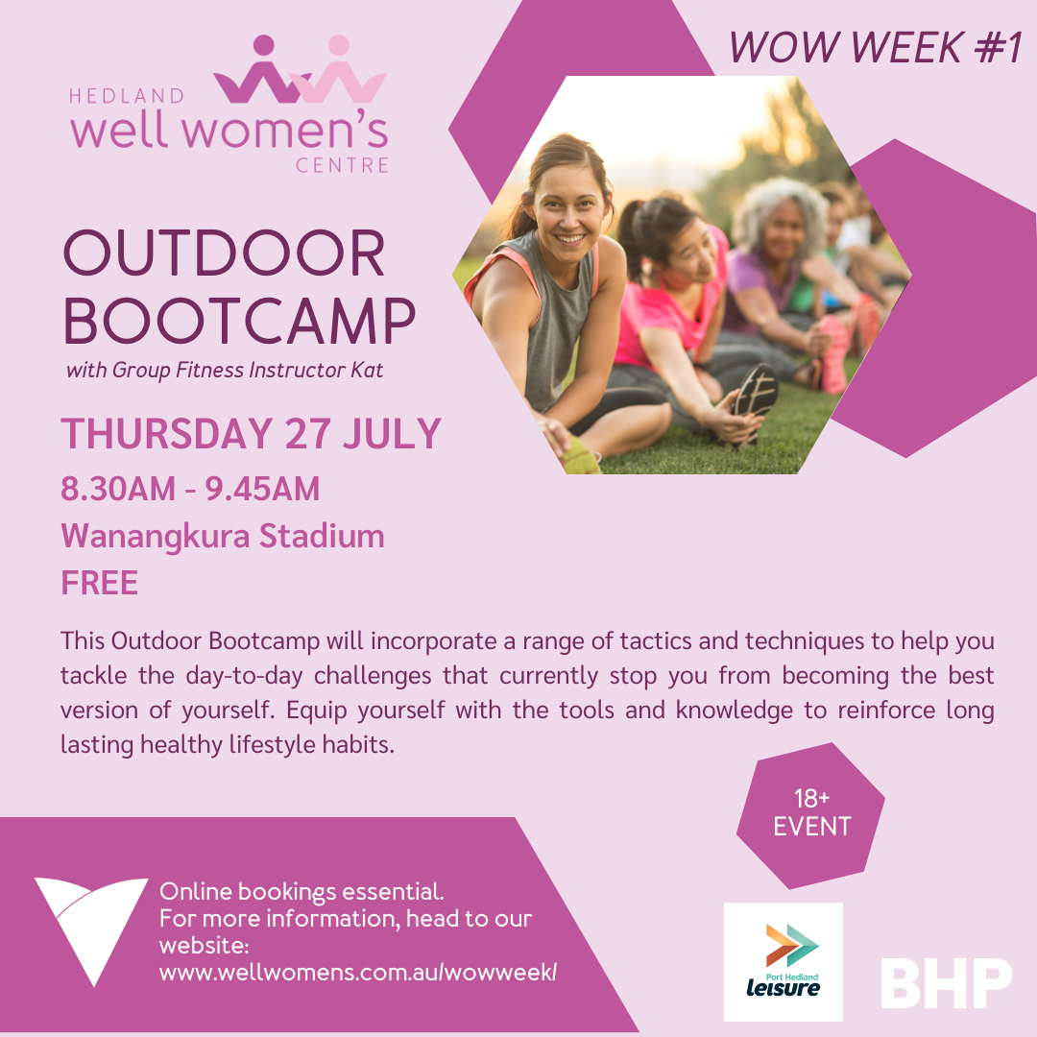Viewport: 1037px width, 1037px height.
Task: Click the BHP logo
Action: coord(947,982)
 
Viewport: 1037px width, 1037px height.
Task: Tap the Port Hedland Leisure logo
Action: coord(784,961)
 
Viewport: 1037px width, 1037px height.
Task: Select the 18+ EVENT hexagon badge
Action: coord(810,815)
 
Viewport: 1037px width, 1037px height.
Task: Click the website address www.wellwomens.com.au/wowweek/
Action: coord(358,972)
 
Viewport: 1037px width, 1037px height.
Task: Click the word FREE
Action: coord(100,583)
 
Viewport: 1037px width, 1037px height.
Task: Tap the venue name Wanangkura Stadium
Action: coord(222,536)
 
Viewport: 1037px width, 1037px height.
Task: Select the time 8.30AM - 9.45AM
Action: coord(190,489)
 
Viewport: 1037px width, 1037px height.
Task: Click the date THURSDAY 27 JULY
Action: coord(251,434)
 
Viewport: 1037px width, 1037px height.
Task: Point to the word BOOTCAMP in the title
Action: coord(239,321)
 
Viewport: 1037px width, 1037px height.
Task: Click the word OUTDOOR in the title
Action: coord(224,253)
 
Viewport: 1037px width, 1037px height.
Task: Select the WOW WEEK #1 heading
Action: coord(876,48)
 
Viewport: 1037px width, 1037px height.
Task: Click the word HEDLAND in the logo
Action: coord(127,97)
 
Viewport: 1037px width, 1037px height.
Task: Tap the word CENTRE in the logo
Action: coord(342,165)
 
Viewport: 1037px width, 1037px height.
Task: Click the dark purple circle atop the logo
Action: coord(264,45)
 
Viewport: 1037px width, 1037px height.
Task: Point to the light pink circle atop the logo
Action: coord(339,45)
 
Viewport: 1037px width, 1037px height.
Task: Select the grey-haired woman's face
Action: coord(784,231)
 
